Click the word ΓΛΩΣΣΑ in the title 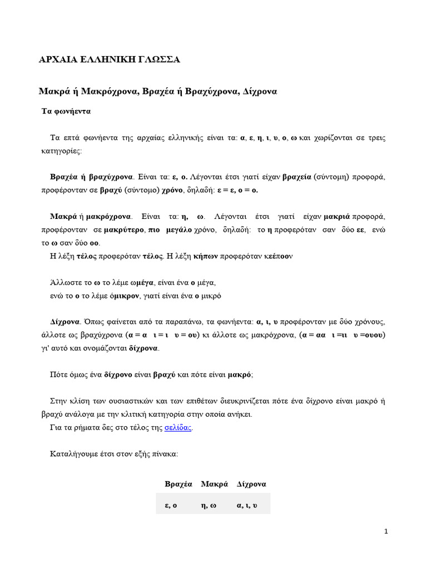coord(157,59)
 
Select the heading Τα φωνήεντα coord(66,111)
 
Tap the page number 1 coord(386,531)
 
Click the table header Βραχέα coord(178,484)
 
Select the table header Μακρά coord(215,484)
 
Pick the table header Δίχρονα coord(251,484)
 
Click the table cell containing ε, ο coord(171,505)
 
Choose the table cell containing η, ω coord(208,505)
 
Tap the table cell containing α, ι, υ coord(247,505)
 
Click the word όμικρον coord(123,296)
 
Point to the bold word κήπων coord(204,256)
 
